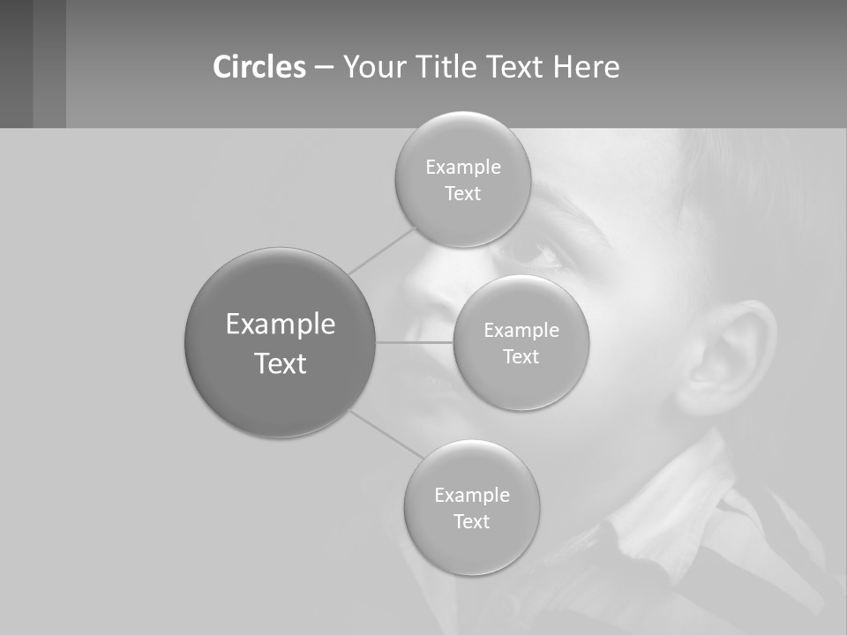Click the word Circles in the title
[x=259, y=67]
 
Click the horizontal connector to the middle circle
[x=415, y=342]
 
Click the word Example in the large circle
[x=280, y=325]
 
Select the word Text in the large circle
[x=280, y=363]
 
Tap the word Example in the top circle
[x=462, y=168]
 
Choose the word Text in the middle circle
[x=521, y=357]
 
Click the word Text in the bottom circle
[x=471, y=522]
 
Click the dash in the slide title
[x=324, y=67]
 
